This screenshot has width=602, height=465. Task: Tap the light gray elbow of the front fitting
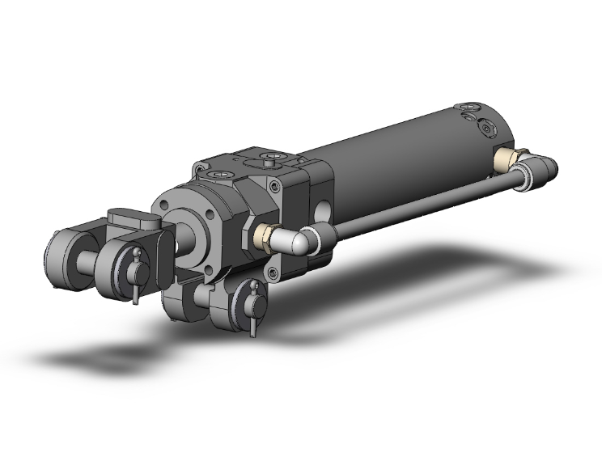295,239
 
